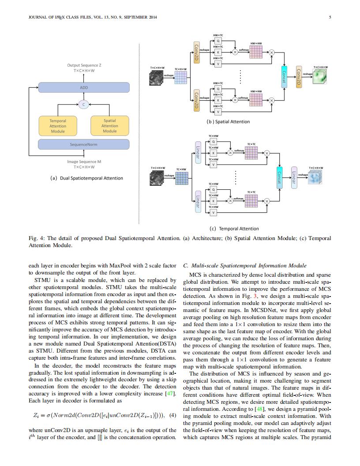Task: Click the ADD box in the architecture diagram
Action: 84,87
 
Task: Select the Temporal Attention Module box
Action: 58,126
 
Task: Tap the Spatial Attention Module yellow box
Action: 110,126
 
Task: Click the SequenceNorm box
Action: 84,144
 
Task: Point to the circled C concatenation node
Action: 84,105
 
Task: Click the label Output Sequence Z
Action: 84,65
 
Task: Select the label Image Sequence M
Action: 84,162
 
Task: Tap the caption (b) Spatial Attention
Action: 228,121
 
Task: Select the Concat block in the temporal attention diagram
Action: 279,178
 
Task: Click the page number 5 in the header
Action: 330,17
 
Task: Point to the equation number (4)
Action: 173,415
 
